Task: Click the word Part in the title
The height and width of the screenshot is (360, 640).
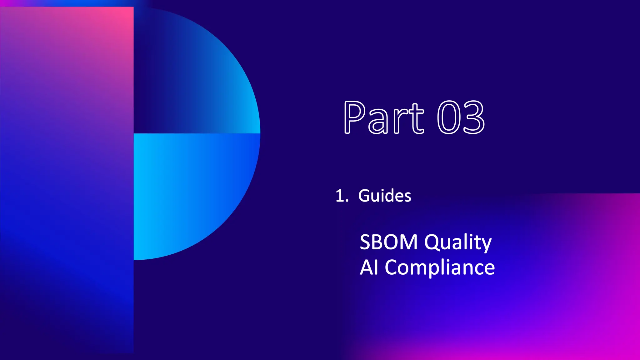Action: click(x=384, y=118)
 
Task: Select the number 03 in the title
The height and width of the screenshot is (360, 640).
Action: click(x=461, y=118)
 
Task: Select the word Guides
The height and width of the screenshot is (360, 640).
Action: click(x=385, y=196)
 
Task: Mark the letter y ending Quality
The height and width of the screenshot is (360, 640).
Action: click(x=485, y=245)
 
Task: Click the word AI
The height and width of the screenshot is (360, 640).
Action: click(x=369, y=268)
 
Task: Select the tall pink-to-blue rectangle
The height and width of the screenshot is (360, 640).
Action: click(x=67, y=180)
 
